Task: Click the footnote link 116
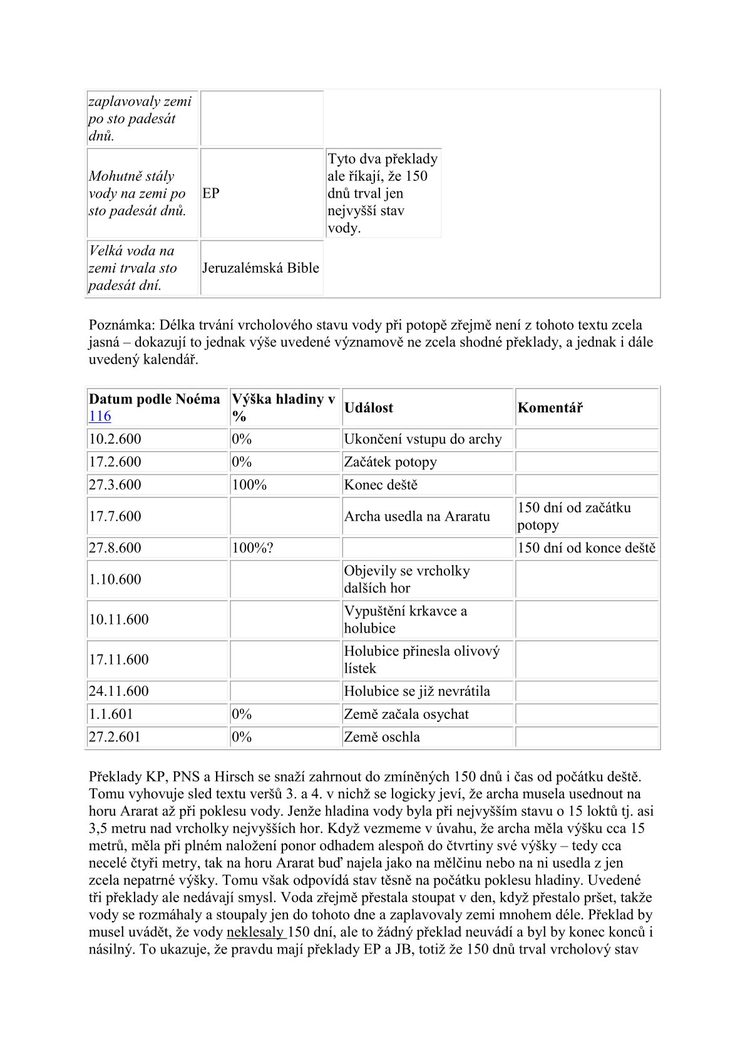click(x=100, y=416)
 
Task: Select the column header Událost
click(x=368, y=408)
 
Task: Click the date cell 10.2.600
click(x=115, y=439)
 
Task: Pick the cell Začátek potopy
click(x=390, y=462)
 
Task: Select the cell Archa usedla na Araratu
click(x=417, y=516)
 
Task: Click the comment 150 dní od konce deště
click(x=587, y=548)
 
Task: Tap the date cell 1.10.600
click(x=115, y=579)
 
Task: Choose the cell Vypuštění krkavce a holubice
click(x=405, y=619)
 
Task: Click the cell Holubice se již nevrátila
click(x=417, y=691)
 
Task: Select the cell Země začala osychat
click(x=406, y=715)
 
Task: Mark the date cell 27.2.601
click(x=115, y=737)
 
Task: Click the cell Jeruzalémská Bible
click(x=260, y=268)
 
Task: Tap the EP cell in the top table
click(x=211, y=193)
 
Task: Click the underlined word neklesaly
click(x=255, y=932)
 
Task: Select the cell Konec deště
click(x=381, y=485)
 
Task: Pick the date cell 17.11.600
click(x=119, y=659)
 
